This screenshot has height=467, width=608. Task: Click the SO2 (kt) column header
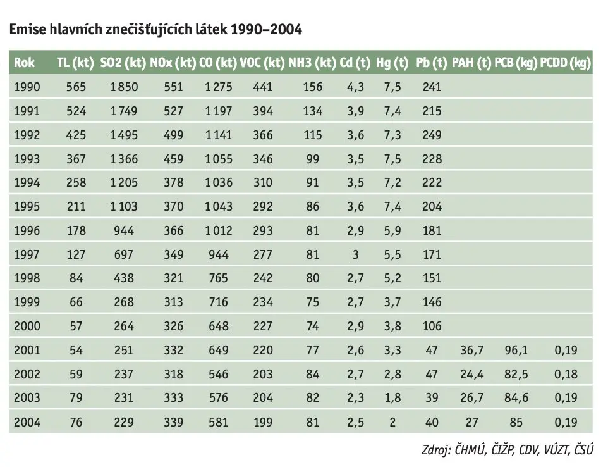[x=123, y=63]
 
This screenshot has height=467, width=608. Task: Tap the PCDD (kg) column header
[x=566, y=63]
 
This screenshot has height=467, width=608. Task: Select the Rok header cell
[x=24, y=63]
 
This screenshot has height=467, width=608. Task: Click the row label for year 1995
[x=27, y=206]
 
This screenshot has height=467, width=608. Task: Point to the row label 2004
[x=27, y=422]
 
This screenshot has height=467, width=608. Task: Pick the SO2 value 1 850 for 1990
[x=124, y=87]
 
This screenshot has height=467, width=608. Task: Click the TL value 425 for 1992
[x=76, y=135]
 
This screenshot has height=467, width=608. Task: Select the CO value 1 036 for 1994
[x=219, y=182]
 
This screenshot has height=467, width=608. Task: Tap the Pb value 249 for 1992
[x=432, y=135]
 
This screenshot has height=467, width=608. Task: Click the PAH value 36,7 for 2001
[x=472, y=350]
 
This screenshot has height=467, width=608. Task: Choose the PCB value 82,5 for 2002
[x=516, y=374]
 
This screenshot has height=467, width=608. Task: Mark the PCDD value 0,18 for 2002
[x=566, y=374]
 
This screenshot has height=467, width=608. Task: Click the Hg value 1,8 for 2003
[x=392, y=398]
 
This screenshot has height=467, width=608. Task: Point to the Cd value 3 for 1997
[x=356, y=254]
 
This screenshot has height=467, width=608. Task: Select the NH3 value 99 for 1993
[x=312, y=159]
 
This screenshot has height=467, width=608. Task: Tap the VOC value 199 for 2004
[x=263, y=422]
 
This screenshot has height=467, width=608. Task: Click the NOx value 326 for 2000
[x=173, y=326]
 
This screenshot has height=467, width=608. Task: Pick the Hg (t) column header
[x=392, y=63]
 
